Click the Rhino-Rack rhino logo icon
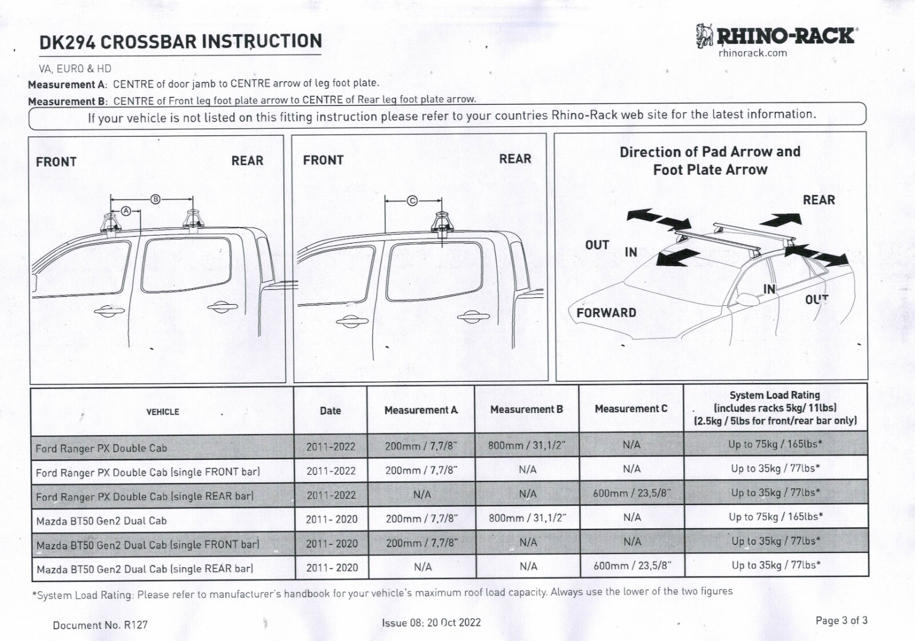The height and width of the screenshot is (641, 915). tap(705, 35)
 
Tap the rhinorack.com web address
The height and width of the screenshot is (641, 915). tap(753, 53)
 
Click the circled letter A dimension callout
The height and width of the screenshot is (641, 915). tap(126, 211)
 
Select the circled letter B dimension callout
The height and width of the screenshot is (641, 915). tap(155, 199)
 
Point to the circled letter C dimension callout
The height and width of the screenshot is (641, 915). tap(412, 201)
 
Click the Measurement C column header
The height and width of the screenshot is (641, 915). tap(631, 409)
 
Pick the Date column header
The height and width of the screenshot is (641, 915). tap(330, 411)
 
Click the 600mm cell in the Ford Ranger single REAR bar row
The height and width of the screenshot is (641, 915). tap(631, 493)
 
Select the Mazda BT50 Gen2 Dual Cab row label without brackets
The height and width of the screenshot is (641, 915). tap(101, 521)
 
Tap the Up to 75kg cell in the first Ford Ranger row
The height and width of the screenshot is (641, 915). tap(775, 444)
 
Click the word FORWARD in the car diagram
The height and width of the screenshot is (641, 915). tap(606, 313)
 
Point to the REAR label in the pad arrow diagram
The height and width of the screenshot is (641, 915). tap(818, 200)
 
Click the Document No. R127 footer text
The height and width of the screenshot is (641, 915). tap(100, 625)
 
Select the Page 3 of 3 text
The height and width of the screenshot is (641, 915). tap(841, 620)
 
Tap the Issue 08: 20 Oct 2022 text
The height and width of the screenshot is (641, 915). tap(431, 623)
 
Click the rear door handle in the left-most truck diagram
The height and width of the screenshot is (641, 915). tap(222, 308)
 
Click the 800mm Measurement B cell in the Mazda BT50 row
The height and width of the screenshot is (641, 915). tap(527, 518)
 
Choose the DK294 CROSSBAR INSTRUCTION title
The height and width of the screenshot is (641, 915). tap(180, 42)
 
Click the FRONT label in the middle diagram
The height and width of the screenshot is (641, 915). tap(323, 161)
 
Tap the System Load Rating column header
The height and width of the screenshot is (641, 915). tap(775, 408)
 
